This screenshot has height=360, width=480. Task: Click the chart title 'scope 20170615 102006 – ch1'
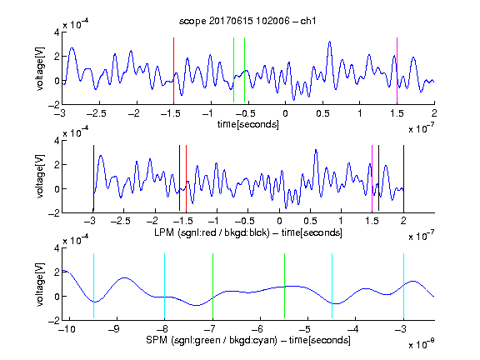pos(247,21)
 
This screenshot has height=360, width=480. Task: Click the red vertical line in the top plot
pos(173,70)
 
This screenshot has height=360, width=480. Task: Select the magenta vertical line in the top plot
pos(397,70)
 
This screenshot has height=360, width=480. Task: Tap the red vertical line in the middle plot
pos(186,178)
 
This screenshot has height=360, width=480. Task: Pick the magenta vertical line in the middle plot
pos(372,178)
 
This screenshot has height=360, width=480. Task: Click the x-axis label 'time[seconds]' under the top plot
pos(248,124)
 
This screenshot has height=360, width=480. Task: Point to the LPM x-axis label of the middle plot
pos(248,232)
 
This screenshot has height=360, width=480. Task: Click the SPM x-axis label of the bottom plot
pos(248,340)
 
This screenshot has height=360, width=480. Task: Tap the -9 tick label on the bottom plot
pos(114,329)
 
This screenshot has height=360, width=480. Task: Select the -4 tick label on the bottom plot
pos(353,329)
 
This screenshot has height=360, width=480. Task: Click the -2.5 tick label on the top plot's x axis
pos(97,113)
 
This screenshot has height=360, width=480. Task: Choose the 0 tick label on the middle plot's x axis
pos(279,221)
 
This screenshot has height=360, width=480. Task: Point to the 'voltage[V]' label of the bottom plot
pos(40,284)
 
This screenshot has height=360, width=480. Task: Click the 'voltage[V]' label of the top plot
pos(40,68)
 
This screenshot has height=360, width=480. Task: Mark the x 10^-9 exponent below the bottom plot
pos(422,344)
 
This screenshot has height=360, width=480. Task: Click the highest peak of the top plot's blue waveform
pos(329,42)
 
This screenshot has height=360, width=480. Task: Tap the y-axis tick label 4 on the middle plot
pos(57,141)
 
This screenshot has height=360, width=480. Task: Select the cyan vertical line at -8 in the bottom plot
pos(164,286)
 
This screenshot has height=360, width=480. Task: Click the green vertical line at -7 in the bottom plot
pos(212,286)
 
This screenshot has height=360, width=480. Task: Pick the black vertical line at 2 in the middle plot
pos(403,178)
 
